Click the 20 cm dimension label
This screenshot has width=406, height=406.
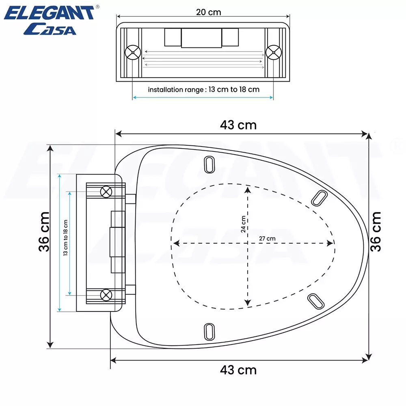click(x=209, y=12)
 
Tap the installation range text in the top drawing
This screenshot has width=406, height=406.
click(x=203, y=89)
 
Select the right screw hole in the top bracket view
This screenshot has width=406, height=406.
click(x=273, y=52)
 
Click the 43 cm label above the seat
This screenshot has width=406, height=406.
click(x=238, y=125)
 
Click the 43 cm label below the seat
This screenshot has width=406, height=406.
click(x=238, y=370)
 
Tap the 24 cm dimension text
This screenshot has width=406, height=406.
click(x=243, y=224)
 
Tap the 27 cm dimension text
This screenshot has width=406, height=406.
click(x=267, y=238)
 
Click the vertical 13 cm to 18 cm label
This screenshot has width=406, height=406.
click(x=65, y=238)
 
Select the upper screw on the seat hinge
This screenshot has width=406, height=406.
click(x=106, y=191)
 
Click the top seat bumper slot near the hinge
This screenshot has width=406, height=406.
click(x=209, y=164)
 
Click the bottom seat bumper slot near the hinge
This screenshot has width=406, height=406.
click(x=209, y=331)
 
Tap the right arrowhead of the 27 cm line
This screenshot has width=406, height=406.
click(x=332, y=243)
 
